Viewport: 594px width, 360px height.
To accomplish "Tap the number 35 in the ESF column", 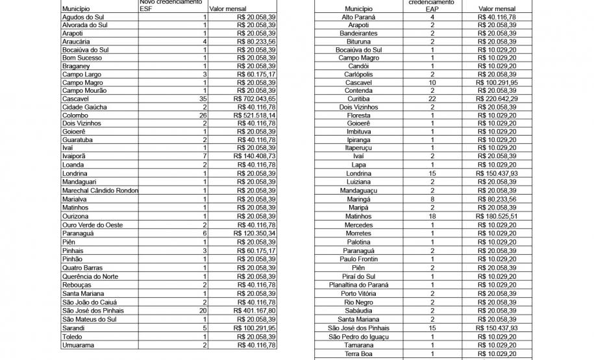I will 203,99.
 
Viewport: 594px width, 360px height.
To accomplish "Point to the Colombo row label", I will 75,115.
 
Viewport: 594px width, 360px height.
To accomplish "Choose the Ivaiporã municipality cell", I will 75,157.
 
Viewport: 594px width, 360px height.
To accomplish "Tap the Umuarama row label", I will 78,345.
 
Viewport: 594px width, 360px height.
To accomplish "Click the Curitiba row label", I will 358,99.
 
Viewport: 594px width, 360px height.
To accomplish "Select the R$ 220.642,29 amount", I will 497,99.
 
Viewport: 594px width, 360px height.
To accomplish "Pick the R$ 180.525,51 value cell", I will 497,216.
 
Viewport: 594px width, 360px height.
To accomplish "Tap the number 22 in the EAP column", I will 432,99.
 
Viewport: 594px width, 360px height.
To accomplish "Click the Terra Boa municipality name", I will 358,354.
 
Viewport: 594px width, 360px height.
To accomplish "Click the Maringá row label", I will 358,199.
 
